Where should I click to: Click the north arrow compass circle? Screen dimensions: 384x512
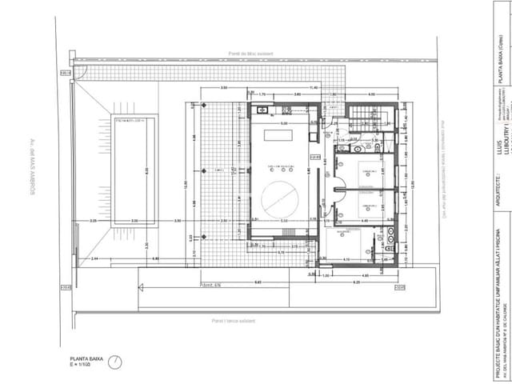117,362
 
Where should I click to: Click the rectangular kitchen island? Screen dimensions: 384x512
280,136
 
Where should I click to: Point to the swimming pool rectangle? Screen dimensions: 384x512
134,169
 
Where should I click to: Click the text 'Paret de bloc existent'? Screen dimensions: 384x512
250,54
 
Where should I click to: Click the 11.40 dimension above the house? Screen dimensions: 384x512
314,87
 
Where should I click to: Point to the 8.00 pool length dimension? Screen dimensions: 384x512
146,169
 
